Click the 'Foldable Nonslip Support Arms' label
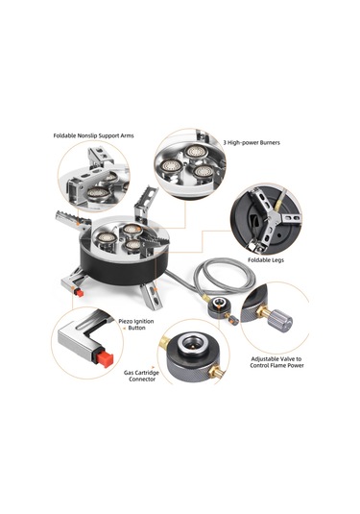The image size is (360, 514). [x=93, y=135]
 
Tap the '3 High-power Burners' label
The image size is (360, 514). [x=252, y=142]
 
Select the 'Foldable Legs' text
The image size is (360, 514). [x=266, y=260]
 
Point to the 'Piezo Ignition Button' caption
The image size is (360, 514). [x=136, y=325]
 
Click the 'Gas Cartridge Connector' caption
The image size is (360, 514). [x=141, y=376]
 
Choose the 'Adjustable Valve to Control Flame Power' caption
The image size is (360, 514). [x=276, y=362]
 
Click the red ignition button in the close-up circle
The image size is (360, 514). [x=105, y=358]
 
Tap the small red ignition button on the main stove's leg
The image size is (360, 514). [x=79, y=292]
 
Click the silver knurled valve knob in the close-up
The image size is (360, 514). [x=279, y=320]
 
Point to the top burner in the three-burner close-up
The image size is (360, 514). [x=195, y=151]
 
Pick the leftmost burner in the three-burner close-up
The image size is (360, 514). [x=171, y=166]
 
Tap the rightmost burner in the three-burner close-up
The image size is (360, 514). [x=204, y=171]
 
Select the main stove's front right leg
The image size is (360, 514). [x=152, y=295]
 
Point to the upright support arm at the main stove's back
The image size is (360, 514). [x=146, y=203]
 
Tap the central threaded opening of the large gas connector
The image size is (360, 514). [x=191, y=343]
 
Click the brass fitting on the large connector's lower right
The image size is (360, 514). [x=217, y=372]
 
